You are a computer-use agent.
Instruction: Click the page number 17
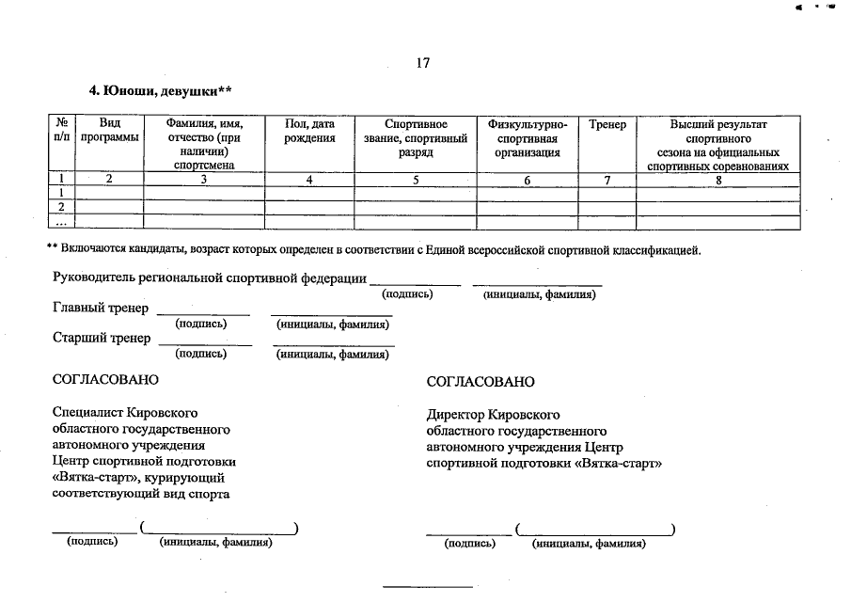coord(422,63)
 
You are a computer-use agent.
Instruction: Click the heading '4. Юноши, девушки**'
coord(160,91)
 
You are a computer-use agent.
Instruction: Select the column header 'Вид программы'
coord(109,131)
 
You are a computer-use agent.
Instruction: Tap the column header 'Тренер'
coord(607,125)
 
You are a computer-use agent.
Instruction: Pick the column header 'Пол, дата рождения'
coord(309,131)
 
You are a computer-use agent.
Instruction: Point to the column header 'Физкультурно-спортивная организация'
coord(528,137)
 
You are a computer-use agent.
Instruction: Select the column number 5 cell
coord(416,179)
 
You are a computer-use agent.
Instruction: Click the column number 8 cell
coord(718,179)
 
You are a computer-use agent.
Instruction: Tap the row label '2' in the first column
coord(61,207)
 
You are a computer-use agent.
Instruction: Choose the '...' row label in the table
coord(61,222)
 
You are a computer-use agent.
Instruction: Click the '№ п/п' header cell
coord(61,131)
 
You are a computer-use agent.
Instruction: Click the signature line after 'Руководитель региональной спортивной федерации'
coord(415,283)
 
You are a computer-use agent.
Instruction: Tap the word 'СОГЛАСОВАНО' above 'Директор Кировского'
coord(481,382)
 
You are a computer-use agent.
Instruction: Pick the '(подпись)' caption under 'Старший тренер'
coord(201,355)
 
